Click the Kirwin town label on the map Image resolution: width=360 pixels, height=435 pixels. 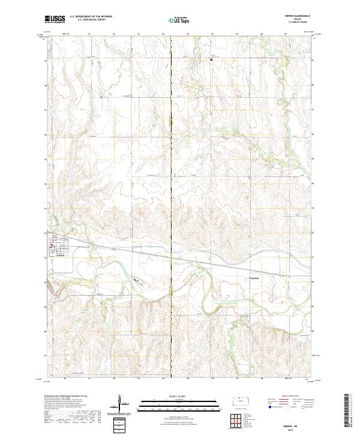tap(59, 255)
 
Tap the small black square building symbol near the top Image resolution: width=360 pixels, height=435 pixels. tap(211, 59)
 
